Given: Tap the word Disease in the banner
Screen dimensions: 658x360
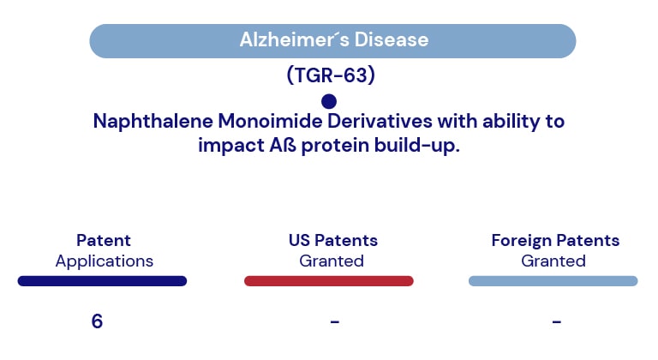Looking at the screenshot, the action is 392,40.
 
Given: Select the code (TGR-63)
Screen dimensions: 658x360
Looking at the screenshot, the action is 331,75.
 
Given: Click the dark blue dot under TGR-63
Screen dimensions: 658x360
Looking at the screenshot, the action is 329,101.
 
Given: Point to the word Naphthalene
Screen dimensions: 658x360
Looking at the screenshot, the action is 153,122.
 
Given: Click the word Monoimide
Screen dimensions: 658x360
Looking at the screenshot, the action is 270,121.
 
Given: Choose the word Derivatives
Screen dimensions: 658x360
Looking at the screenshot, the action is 380,121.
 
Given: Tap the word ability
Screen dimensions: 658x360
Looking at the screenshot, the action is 511,122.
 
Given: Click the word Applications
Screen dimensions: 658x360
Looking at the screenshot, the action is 104,261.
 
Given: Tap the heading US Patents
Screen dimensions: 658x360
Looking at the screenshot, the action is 333,240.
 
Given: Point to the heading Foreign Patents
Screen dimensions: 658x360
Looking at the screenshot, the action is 555,241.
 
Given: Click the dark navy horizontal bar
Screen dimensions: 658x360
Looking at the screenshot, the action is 102,281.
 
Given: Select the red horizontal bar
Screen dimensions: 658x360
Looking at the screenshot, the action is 329,281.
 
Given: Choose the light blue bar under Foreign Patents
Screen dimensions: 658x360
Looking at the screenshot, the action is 553,281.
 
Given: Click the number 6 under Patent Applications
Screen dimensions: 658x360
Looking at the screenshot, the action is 97,321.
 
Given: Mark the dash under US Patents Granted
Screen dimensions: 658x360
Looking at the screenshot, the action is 334,321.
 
